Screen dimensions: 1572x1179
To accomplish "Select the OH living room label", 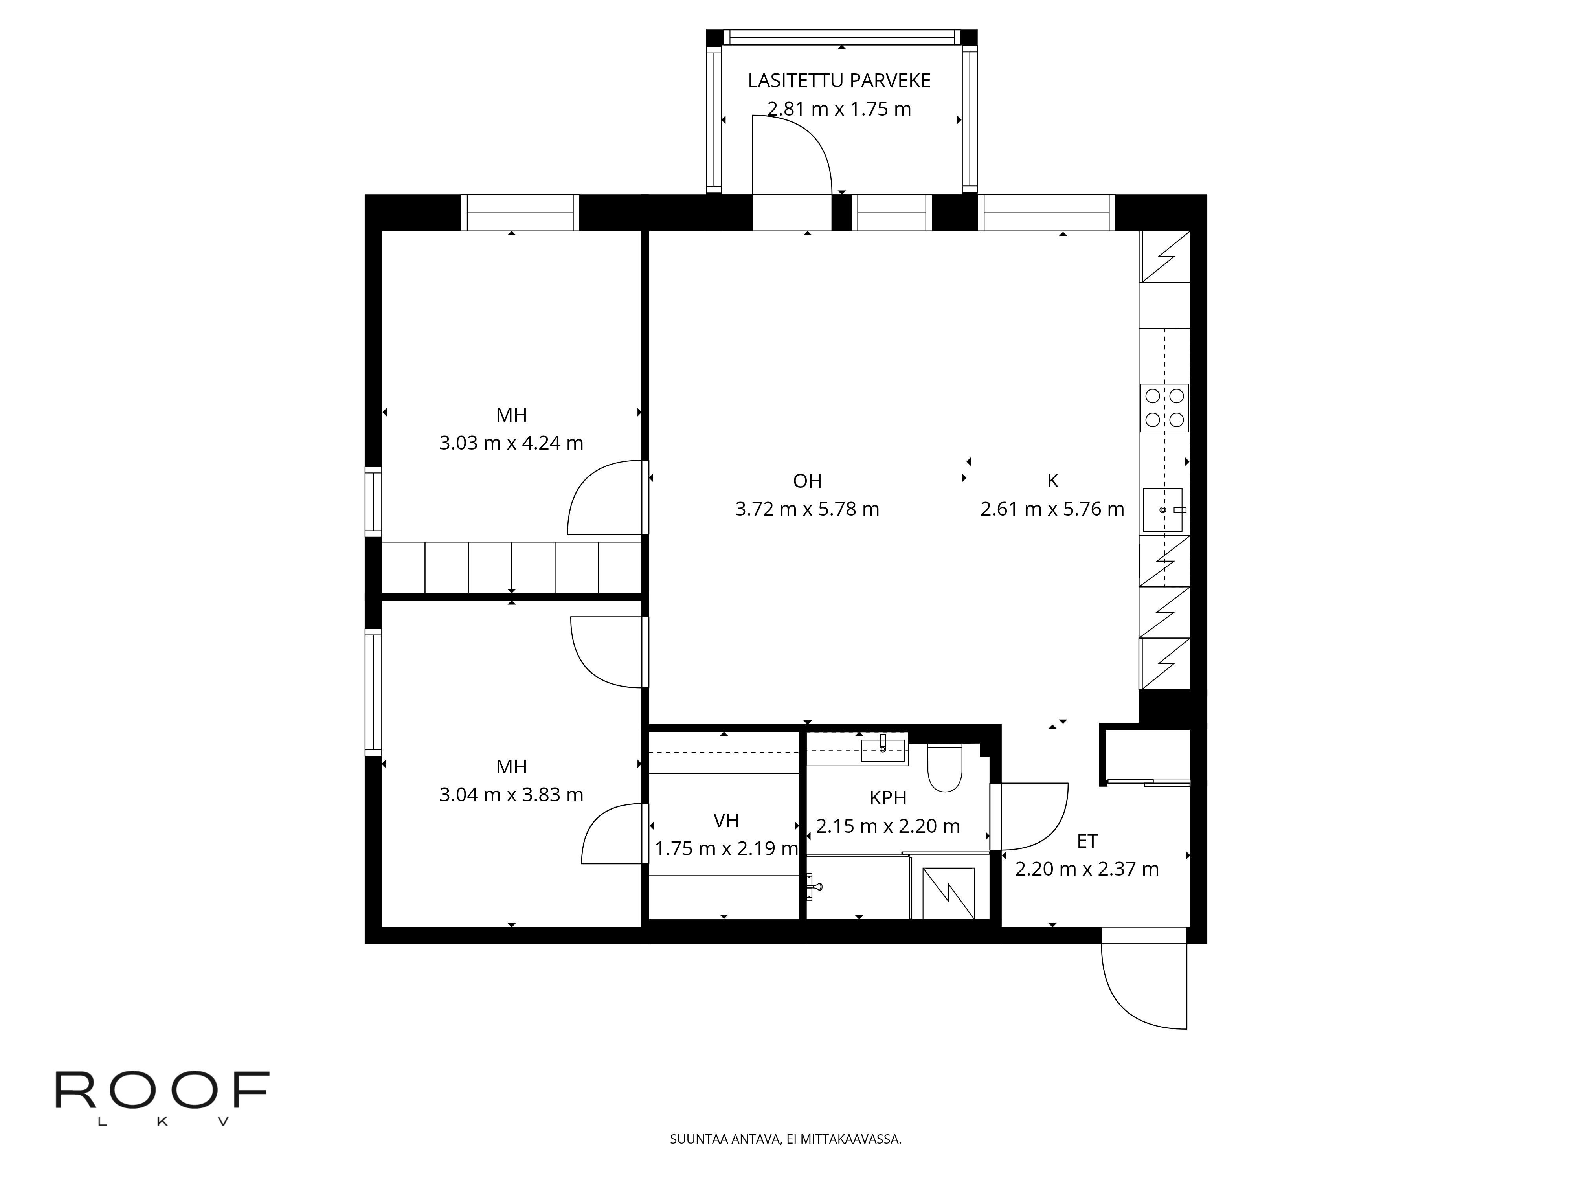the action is [x=807, y=481].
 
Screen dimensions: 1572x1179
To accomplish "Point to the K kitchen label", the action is [x=1052, y=481].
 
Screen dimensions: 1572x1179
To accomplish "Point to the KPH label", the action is [x=888, y=798].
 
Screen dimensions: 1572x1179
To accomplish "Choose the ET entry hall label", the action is [x=1087, y=841].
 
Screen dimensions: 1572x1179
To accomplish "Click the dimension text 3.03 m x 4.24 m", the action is [x=511, y=443].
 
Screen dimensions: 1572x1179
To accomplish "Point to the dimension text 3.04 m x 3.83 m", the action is [x=511, y=795].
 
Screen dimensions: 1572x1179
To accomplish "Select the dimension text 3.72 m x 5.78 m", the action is [x=807, y=509].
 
